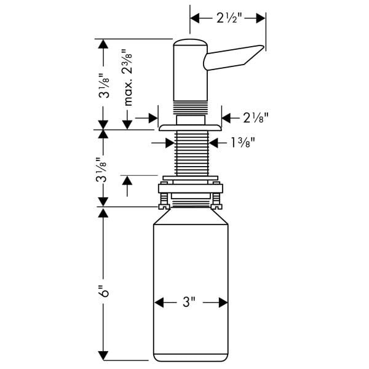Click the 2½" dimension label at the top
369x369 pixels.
[x=228, y=18]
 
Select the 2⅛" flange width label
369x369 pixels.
[x=255, y=116]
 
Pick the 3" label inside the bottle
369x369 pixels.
[x=189, y=302]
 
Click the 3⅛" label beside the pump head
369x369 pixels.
[x=104, y=89]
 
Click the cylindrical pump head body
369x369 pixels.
[x=189, y=71]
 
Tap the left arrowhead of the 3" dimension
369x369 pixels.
[x=158, y=302]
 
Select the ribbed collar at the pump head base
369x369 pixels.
[x=189, y=107]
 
